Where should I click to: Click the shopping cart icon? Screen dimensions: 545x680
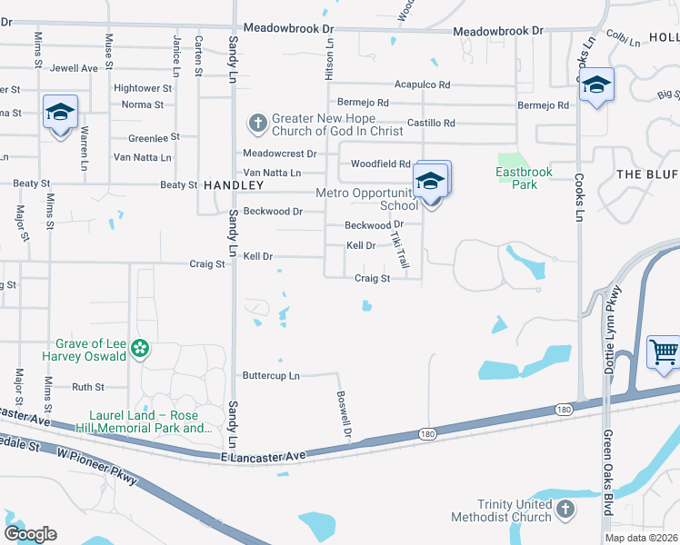pyautogui.click(x=664, y=351)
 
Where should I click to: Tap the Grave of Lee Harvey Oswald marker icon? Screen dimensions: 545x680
pyautogui.click(x=140, y=348)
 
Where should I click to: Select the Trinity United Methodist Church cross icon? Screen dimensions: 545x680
pyautogui.click(x=565, y=509)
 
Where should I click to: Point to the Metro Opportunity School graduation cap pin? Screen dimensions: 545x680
pyautogui.click(x=430, y=180)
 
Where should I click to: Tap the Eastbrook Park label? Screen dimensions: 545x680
pyautogui.click(x=516, y=178)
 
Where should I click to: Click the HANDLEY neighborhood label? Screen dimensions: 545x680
pyautogui.click(x=234, y=184)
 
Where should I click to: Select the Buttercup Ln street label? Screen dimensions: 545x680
pyautogui.click(x=271, y=375)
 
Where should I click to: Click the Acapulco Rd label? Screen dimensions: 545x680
pyautogui.click(x=422, y=84)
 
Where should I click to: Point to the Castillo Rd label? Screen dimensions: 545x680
pyautogui.click(x=431, y=123)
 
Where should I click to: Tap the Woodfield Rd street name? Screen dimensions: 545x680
pyautogui.click(x=381, y=163)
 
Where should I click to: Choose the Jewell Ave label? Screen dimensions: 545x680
pyautogui.click(x=75, y=68)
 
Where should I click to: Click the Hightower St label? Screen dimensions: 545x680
pyautogui.click(x=143, y=88)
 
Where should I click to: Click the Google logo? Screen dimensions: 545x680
pyautogui.click(x=30, y=534)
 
